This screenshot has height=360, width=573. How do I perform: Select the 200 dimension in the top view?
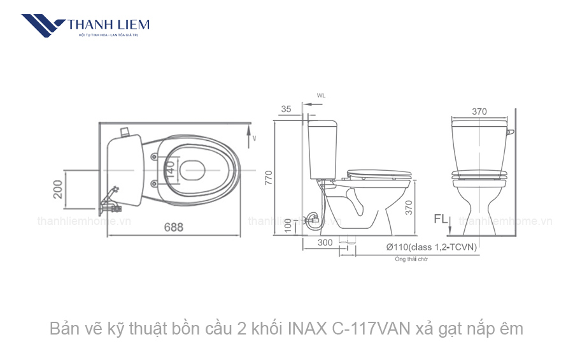(58, 189)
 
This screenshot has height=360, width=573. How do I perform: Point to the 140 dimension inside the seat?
(169, 169)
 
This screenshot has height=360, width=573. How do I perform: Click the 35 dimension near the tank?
(286, 109)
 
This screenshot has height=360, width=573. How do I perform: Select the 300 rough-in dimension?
(325, 243)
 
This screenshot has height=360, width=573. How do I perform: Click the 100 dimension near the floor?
(288, 225)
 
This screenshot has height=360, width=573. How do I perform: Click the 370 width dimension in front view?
(479, 112)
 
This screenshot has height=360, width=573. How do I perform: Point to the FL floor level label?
(441, 219)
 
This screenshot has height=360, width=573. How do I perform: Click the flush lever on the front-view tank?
(510, 133)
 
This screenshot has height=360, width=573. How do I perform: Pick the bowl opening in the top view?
(192, 169)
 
